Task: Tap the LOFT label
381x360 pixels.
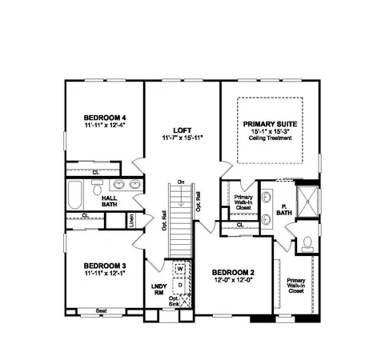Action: (181, 129)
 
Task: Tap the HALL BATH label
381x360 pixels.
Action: (109, 201)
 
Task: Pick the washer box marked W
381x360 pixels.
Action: (179, 269)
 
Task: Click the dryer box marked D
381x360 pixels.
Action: (179, 284)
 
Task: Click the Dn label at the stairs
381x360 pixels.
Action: (182, 182)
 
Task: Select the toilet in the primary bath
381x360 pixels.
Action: (307, 243)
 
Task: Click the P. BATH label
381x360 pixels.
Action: (283, 210)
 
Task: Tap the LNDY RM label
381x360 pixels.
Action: (158, 289)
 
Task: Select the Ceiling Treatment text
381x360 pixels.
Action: (270, 139)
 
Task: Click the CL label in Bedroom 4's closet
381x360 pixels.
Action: (95, 171)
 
